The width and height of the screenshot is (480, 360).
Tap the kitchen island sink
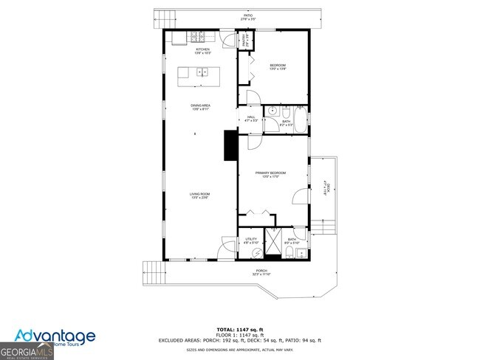pos(202,72)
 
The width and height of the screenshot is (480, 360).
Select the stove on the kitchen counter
pos(197,35)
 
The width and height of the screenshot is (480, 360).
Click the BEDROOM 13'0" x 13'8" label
pos(277,67)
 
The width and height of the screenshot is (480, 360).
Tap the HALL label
pos(251,118)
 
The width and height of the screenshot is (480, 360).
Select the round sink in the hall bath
pos(271,112)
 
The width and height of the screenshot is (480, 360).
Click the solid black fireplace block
pos(230,145)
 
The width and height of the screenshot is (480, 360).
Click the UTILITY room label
pos(251,240)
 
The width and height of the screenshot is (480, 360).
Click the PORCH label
pos(261,272)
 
